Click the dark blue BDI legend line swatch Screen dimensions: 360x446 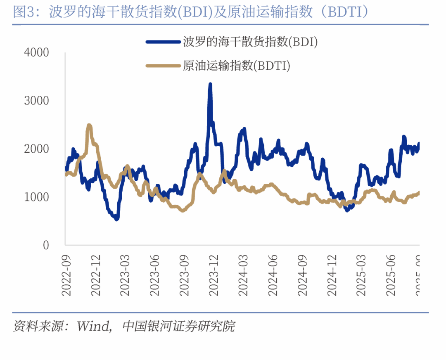coord(163,42)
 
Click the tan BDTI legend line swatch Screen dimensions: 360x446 coord(163,65)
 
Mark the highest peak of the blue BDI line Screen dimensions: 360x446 coord(210,85)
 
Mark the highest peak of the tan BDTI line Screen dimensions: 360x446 coord(89,125)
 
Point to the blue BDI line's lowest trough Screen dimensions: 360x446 coord(116,219)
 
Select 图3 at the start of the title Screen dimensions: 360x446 coord(20,12)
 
